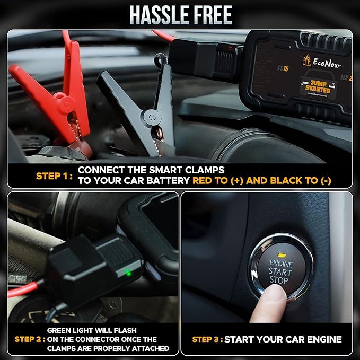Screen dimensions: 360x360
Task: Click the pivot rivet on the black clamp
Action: (152, 117)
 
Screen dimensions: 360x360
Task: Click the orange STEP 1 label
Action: (54, 175)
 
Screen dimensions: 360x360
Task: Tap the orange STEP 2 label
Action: (29, 339)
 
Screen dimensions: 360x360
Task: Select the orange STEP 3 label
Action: (207, 339)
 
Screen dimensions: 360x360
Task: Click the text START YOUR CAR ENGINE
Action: (283, 339)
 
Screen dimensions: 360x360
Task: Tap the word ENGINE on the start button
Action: (281, 263)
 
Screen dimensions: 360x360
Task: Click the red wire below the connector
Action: (21, 290)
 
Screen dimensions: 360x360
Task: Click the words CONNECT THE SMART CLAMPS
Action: (151, 170)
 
